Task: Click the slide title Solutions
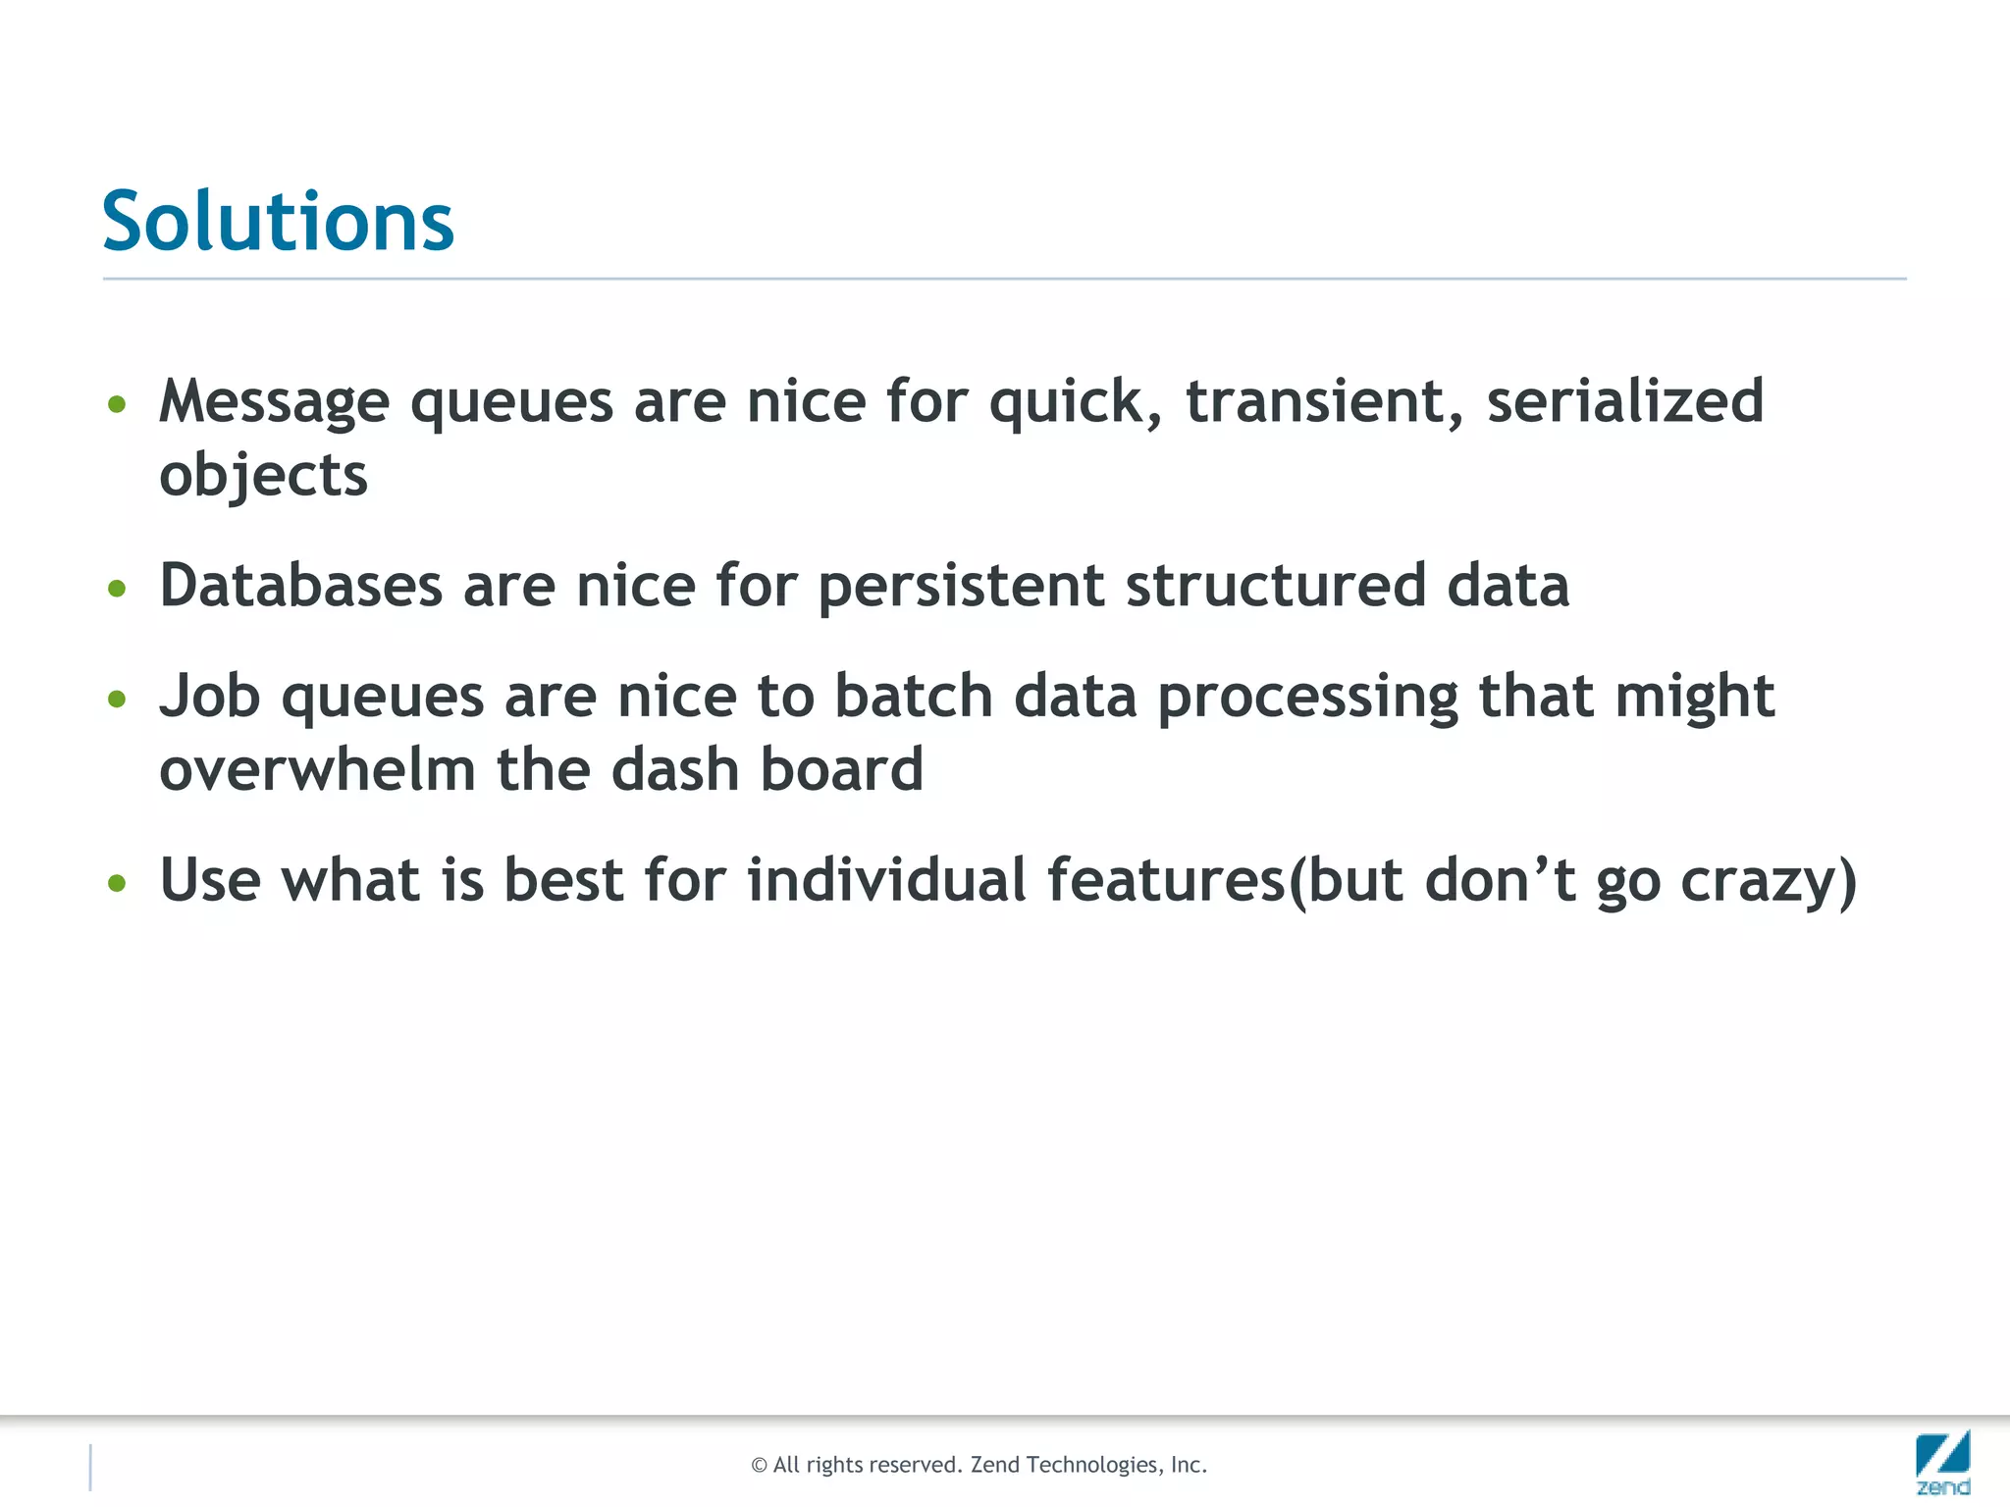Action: coord(278,222)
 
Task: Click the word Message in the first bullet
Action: coord(274,402)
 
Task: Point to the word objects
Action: coord(263,477)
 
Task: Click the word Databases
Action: coord(300,586)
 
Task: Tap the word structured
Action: coord(1275,586)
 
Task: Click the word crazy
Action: coord(1758,882)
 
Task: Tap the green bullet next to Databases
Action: coord(118,589)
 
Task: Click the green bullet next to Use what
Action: coord(118,883)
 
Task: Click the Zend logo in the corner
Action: coord(1942,1462)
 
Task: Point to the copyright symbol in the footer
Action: coord(759,1466)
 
